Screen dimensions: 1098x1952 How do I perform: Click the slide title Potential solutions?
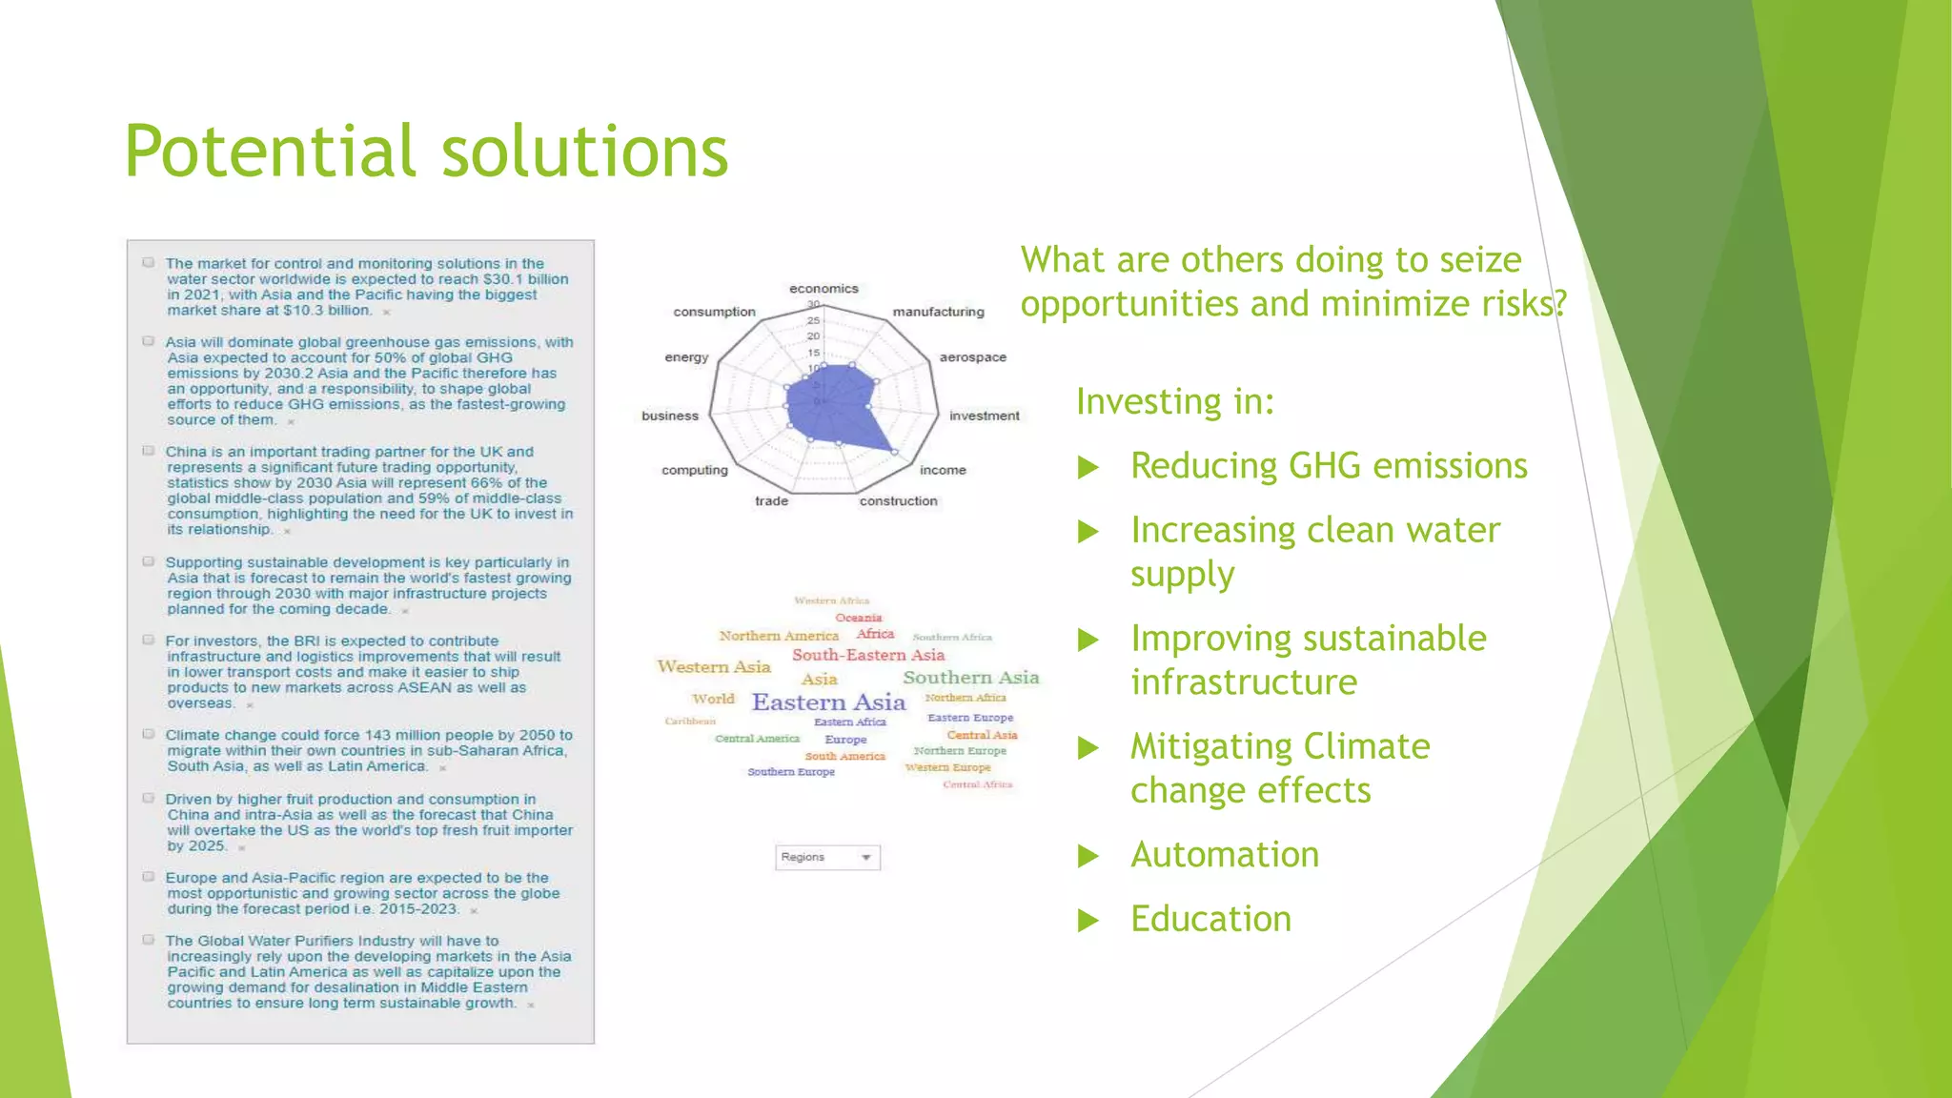click(426, 152)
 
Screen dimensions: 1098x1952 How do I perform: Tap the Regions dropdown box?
click(827, 857)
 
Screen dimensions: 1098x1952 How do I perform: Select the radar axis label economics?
click(823, 289)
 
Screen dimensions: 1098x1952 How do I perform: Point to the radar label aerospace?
click(972, 357)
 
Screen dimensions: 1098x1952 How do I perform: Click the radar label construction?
click(898, 501)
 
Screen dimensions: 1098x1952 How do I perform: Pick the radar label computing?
click(694, 470)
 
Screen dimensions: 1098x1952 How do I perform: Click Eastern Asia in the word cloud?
click(828, 702)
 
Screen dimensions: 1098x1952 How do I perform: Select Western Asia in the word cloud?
click(714, 667)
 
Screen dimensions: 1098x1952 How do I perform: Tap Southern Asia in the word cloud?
click(970, 678)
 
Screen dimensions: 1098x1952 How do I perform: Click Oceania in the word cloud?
click(859, 618)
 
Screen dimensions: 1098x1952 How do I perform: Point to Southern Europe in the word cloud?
click(791, 772)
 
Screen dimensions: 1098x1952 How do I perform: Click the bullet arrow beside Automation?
click(1088, 856)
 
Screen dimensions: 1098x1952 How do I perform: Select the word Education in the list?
click(1210, 919)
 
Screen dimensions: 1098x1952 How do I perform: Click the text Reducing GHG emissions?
click(1329, 466)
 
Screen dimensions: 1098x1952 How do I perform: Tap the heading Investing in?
click(1174, 401)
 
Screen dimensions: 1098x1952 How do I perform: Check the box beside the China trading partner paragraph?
click(149, 451)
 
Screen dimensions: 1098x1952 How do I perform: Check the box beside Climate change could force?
click(149, 734)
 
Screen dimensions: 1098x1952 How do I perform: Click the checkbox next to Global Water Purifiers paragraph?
click(149, 940)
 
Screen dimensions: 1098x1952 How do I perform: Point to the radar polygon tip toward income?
click(894, 451)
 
